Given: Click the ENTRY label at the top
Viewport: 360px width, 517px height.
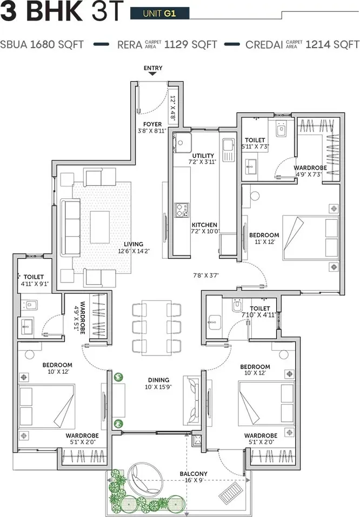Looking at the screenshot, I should [x=153, y=68].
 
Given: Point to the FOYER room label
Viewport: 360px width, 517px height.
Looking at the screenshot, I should [x=152, y=125].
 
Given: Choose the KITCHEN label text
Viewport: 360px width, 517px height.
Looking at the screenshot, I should [x=204, y=225].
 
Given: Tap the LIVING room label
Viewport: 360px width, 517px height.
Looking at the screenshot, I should [x=132, y=244].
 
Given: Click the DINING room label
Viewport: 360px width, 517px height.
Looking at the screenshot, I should [x=157, y=380].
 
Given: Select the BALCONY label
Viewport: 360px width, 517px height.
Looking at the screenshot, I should [x=194, y=474].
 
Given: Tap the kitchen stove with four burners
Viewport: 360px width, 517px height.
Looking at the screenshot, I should [x=181, y=209].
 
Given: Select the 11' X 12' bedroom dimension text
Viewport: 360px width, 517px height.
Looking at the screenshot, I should [x=264, y=243].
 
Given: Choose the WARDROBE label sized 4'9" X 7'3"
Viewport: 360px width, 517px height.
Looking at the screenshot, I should [x=310, y=167].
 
